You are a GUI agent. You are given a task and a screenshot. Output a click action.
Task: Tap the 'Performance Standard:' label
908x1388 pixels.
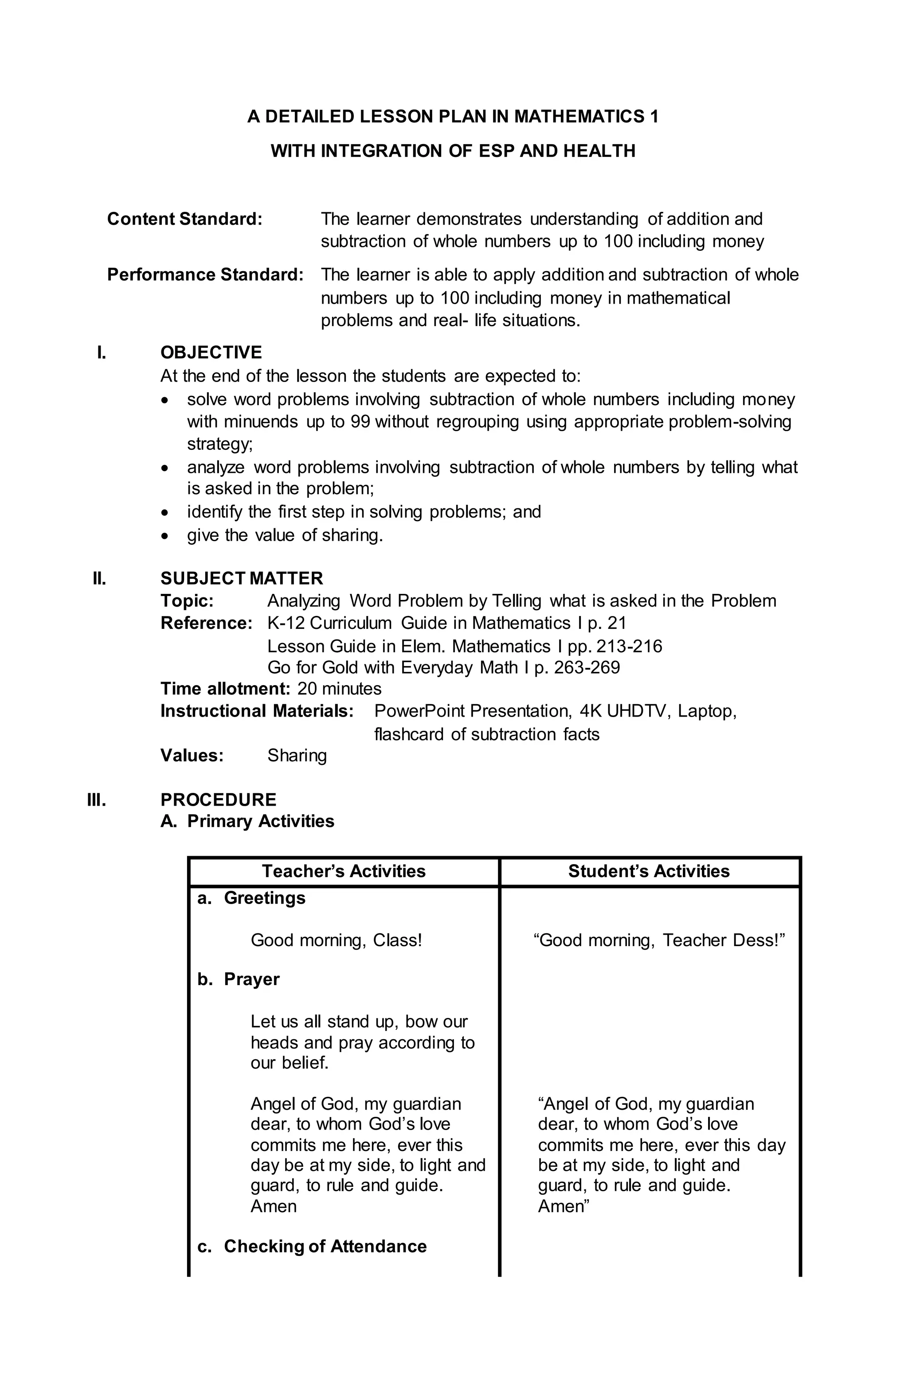point(205,275)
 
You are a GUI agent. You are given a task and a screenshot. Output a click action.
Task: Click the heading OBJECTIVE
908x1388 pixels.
point(211,352)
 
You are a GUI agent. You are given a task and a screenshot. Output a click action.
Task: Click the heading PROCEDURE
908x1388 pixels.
point(218,799)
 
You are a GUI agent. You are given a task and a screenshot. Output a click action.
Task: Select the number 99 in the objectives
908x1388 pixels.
point(360,421)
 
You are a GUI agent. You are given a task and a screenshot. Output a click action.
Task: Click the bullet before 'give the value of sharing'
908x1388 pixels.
point(166,535)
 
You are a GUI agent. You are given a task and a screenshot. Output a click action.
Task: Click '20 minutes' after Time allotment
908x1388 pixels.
point(339,689)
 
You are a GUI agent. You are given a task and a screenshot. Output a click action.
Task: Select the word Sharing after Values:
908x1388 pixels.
point(297,756)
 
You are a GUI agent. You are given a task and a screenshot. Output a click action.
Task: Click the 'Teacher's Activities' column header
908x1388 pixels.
point(344,871)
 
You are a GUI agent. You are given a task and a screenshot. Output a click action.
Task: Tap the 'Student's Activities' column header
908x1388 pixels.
point(649,871)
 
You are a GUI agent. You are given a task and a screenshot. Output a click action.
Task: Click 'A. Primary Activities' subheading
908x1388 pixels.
point(247,821)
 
